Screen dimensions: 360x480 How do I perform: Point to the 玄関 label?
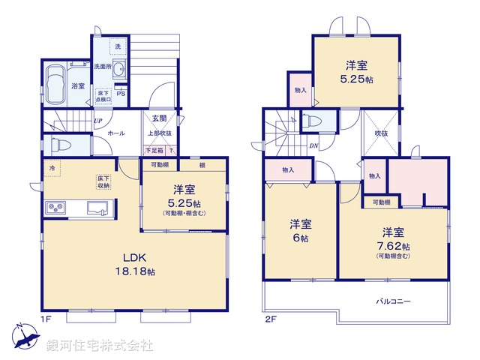pyautogui.click(x=159, y=118)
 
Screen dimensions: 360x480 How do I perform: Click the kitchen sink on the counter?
pyautogui.click(x=97, y=207)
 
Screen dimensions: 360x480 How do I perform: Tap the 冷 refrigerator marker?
pyautogui.click(x=52, y=168)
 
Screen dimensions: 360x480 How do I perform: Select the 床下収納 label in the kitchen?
pyautogui.click(x=103, y=181)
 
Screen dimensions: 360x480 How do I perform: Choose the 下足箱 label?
pyautogui.click(x=154, y=151)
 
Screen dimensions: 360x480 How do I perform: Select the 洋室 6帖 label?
pyautogui.click(x=301, y=230)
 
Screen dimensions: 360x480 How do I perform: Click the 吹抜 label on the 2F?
pyautogui.click(x=382, y=133)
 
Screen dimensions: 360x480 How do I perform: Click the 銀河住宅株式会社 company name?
pyautogui.click(x=100, y=346)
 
